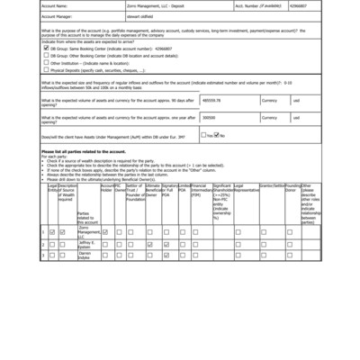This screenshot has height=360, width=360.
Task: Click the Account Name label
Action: [56, 4]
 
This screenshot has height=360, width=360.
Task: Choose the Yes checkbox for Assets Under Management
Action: [204, 135]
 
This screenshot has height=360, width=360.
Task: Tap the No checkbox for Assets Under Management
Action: [218, 135]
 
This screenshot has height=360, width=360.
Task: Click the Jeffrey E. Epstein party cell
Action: [87, 244]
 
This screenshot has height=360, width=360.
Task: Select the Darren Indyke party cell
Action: [86, 256]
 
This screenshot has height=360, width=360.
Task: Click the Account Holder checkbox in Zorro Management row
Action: [106, 232]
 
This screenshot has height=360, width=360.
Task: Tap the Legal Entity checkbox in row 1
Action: [52, 232]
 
